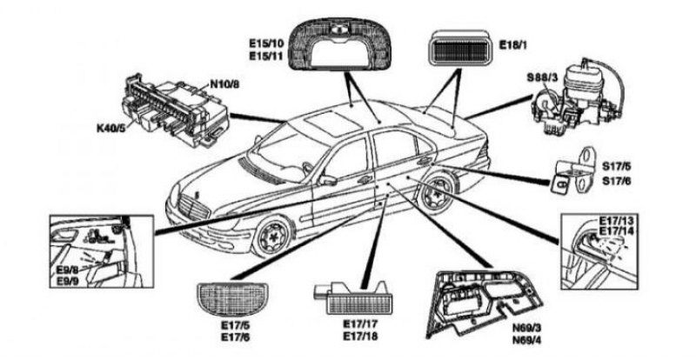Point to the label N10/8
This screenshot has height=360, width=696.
(224, 84)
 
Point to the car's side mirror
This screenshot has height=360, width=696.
(329, 180)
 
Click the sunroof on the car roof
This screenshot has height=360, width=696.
(326, 121)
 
